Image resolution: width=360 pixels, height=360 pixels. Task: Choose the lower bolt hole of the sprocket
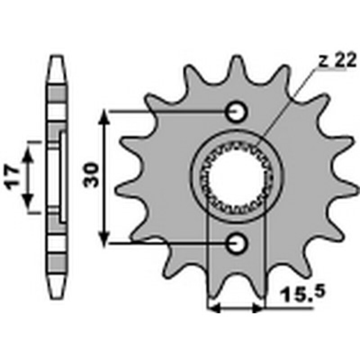click(x=237, y=243)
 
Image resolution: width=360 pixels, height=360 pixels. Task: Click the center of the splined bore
click(x=237, y=177)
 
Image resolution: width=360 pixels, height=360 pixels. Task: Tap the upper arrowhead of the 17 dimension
click(x=28, y=154)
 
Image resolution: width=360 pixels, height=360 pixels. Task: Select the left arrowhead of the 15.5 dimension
click(x=212, y=309)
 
